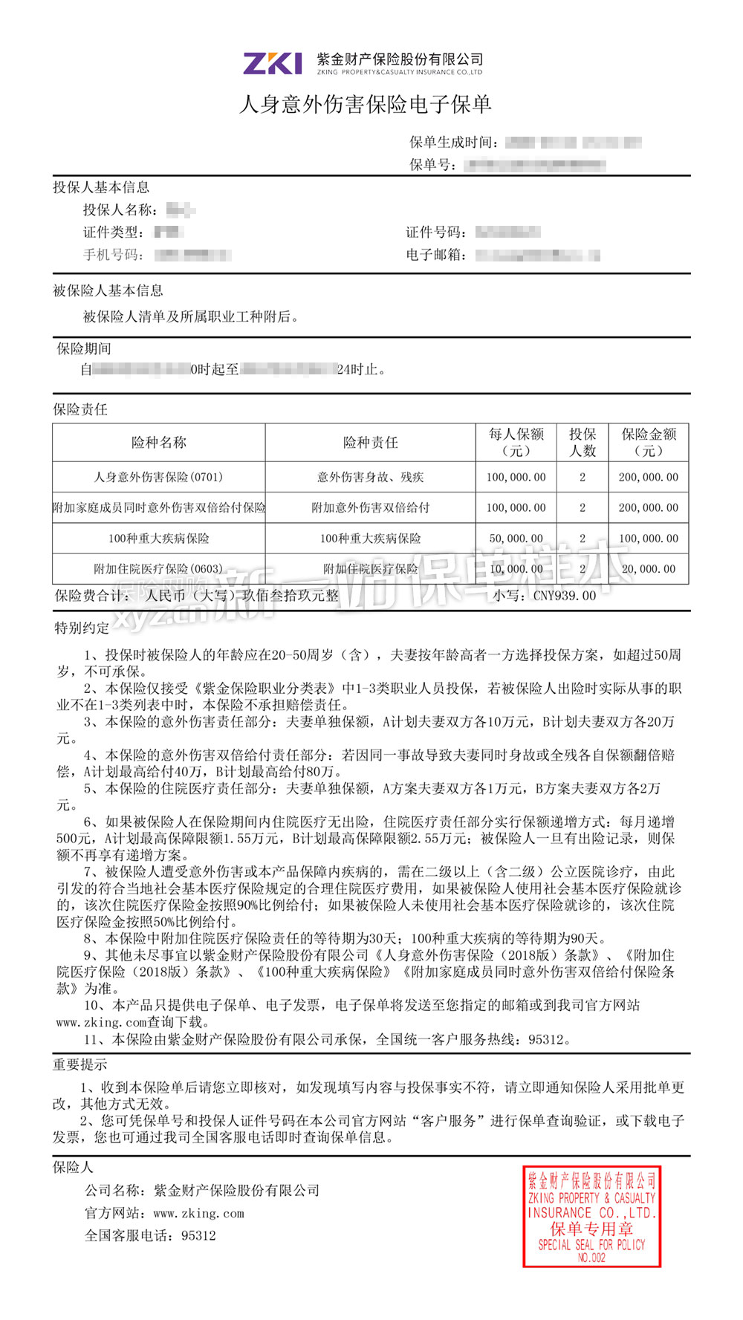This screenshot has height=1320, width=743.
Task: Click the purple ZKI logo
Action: [x=272, y=63]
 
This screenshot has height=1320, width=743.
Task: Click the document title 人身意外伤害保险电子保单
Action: [x=366, y=105]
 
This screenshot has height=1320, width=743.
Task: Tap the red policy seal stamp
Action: [x=591, y=1216]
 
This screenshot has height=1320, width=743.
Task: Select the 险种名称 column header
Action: [x=158, y=443]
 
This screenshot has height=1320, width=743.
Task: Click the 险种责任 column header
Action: [x=370, y=443]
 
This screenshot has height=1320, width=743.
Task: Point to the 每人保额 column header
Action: [x=516, y=442]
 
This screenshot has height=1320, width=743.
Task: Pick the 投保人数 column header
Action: [x=583, y=442]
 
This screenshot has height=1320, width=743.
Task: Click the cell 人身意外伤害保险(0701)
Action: [x=158, y=477]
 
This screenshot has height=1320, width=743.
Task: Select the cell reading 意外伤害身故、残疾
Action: [x=370, y=477]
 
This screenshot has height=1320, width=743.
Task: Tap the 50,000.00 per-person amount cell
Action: [x=516, y=538]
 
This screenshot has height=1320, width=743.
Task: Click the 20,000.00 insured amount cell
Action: [x=649, y=569]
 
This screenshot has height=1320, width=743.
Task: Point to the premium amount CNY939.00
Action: [x=565, y=596]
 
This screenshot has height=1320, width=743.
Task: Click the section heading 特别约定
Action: [x=81, y=628]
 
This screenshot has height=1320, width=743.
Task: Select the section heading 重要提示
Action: [x=80, y=1064]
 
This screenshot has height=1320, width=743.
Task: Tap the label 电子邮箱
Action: [x=436, y=255]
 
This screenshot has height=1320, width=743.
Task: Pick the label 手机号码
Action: [x=113, y=255]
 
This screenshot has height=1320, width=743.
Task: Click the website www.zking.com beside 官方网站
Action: [x=198, y=1213]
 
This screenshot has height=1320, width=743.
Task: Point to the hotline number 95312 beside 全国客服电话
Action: [x=198, y=1235]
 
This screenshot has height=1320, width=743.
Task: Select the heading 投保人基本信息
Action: [x=101, y=187]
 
